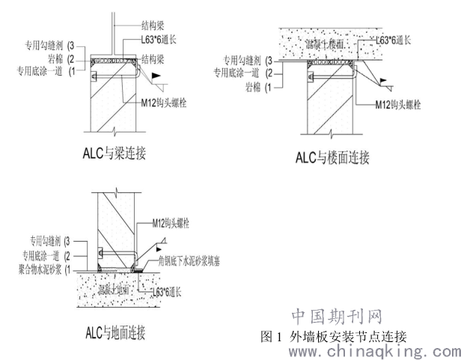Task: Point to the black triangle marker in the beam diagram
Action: click(x=154, y=76)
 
